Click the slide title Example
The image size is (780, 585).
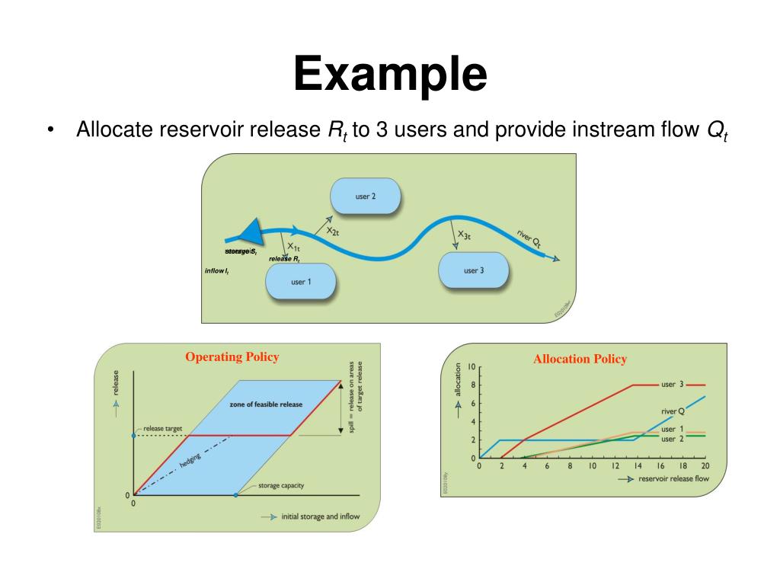pos(390,75)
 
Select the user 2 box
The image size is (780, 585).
pos(366,197)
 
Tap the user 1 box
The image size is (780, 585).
pos(301,282)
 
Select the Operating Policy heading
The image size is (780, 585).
pos(232,356)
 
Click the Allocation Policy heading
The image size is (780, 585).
pos(580,359)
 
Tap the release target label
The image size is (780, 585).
pos(163,429)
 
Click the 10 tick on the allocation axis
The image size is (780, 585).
pos(472,367)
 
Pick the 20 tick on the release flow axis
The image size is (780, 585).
pos(705,466)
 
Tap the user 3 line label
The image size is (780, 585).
pos(672,385)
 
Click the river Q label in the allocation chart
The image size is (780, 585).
pos(673,411)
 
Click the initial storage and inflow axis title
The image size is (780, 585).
pos(321,516)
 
